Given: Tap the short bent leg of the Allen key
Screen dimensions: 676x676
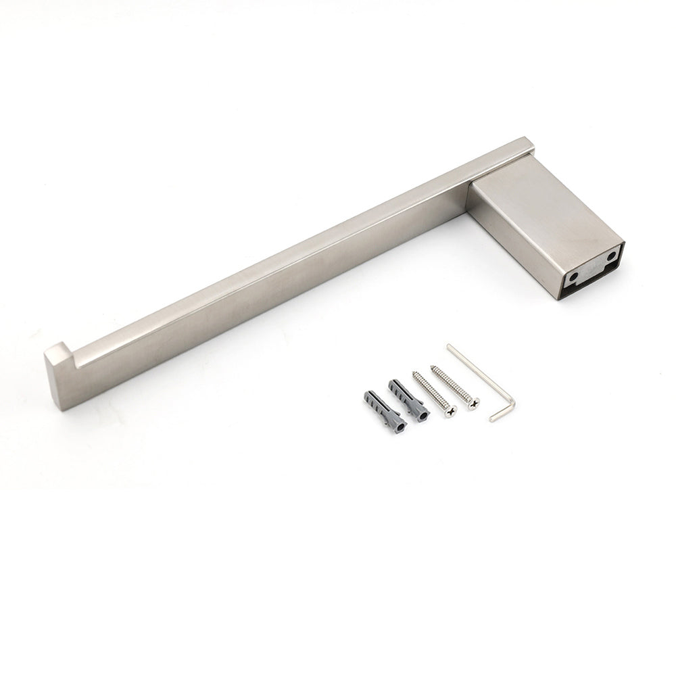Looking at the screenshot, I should click(502, 413).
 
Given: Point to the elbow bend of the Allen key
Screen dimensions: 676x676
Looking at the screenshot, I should click(512, 402).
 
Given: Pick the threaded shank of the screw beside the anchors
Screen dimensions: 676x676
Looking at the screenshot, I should click(431, 392).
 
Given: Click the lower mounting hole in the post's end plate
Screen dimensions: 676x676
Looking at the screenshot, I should click(574, 276).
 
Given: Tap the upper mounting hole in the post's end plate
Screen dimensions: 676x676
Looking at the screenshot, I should click(611, 258).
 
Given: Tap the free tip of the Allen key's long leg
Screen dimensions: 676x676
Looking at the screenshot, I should click(449, 347).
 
